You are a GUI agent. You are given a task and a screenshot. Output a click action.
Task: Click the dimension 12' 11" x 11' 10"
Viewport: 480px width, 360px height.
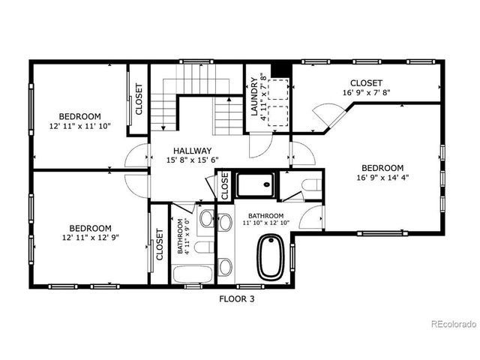click(x=79, y=126)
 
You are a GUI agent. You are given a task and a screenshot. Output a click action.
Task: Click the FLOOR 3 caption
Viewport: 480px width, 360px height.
click(x=237, y=298)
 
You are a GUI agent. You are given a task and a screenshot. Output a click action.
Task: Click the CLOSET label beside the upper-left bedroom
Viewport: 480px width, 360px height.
click(x=139, y=99)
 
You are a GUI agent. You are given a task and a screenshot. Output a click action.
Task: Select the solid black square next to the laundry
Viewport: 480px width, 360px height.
click(x=280, y=69)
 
